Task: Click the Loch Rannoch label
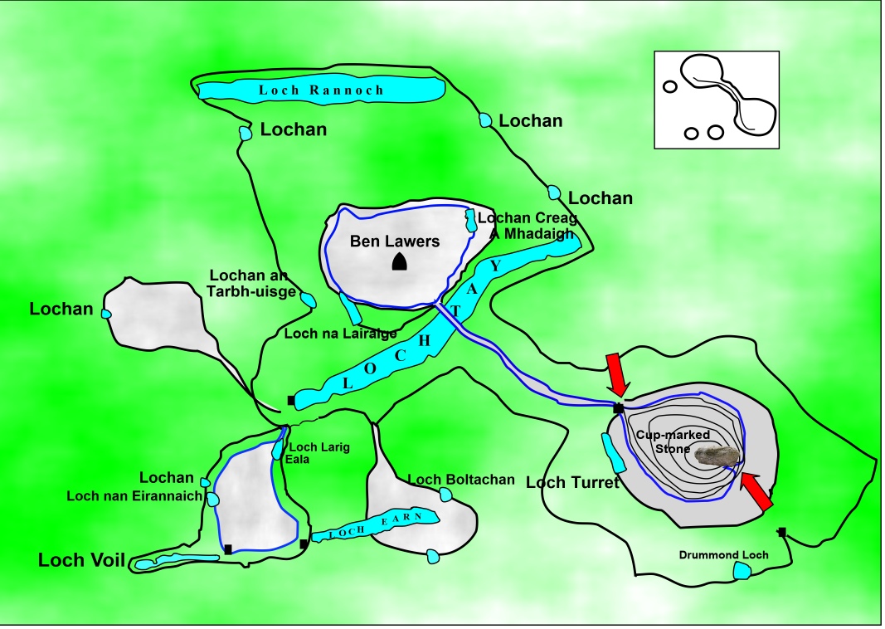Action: (x=321, y=90)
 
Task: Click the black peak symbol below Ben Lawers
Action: (x=400, y=262)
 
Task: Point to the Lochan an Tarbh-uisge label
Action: (x=250, y=283)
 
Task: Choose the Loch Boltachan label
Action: (x=461, y=480)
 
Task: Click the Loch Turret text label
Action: (x=572, y=483)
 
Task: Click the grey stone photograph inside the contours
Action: (x=717, y=456)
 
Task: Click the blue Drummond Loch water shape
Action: (x=742, y=570)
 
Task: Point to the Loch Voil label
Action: (x=80, y=561)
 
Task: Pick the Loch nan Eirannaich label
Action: (x=134, y=496)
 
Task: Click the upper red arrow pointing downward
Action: (x=617, y=373)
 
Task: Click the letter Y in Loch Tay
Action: (x=495, y=266)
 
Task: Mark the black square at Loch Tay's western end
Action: (x=290, y=400)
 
